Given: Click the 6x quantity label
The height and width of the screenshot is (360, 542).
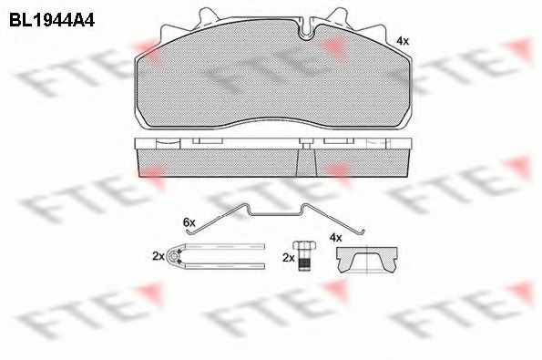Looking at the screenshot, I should point(189,221).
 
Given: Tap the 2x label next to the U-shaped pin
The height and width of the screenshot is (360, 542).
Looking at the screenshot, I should point(158,256).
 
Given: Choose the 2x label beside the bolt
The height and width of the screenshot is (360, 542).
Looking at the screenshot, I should point(289,258).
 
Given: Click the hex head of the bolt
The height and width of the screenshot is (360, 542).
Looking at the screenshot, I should point(305,247).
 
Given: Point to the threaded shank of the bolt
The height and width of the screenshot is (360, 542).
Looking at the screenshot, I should point(305,262).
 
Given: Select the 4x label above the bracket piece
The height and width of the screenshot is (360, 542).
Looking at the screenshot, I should point(335,238).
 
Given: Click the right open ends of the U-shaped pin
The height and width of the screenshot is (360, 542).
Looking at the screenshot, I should point(262,256).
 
